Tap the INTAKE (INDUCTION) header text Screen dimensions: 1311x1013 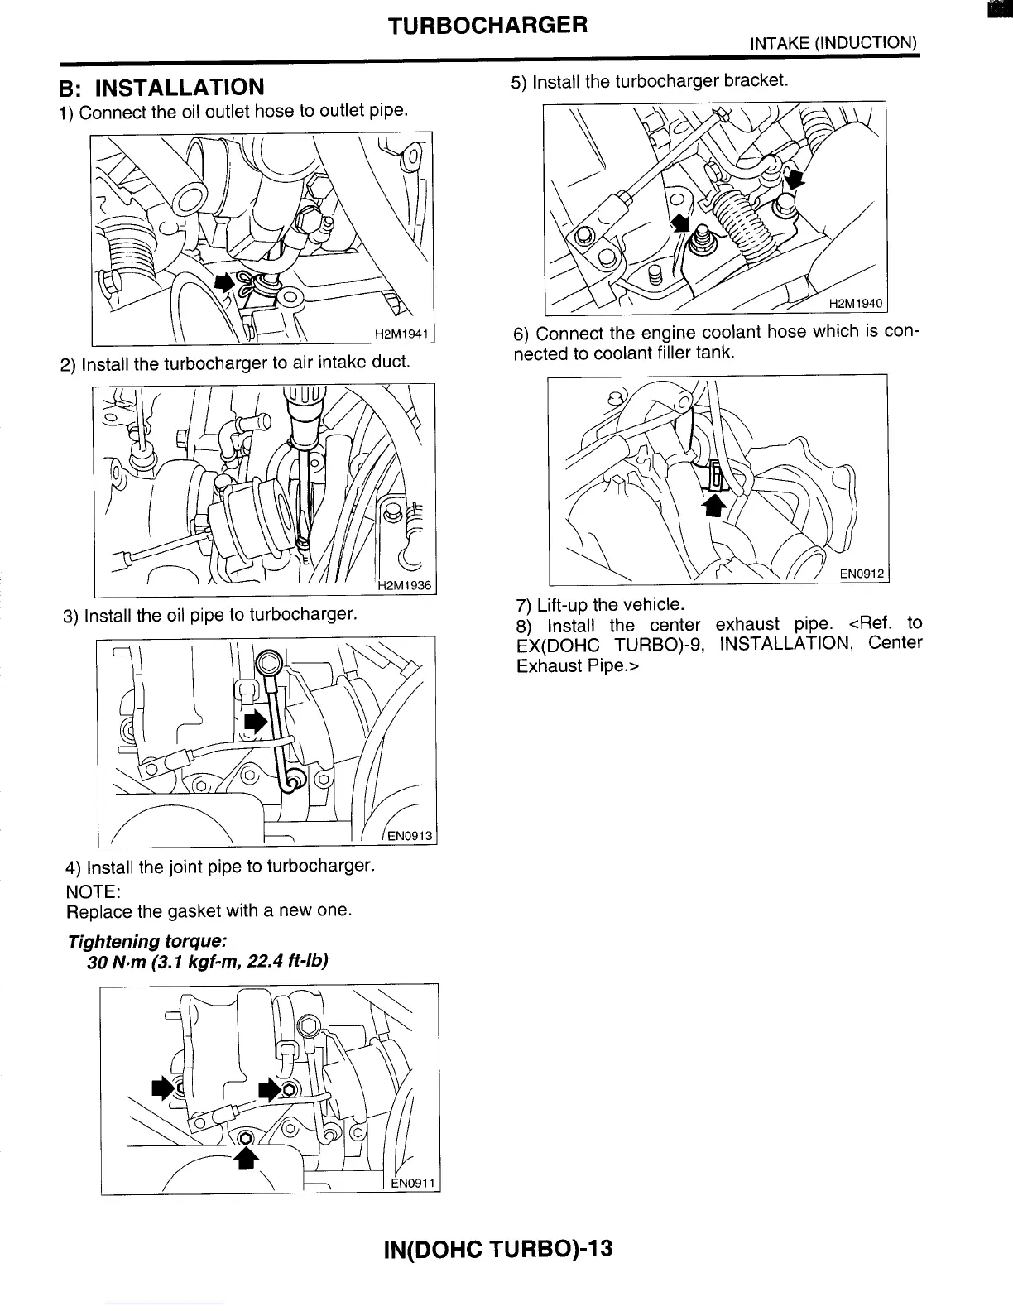pyautogui.click(x=833, y=43)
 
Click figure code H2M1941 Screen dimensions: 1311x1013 pyautogui.click(x=401, y=334)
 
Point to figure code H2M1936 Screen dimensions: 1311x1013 pyautogui.click(x=405, y=586)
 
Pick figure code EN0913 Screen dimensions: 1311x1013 pyautogui.click(x=410, y=835)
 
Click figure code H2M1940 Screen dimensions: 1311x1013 pyautogui.click(x=856, y=304)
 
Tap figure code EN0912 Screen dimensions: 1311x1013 pyautogui.click(x=862, y=573)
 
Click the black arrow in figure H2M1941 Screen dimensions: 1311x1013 pyautogui.click(x=224, y=281)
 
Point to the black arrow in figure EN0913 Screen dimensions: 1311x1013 pyautogui.click(x=257, y=721)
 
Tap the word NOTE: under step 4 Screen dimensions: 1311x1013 pyautogui.click(x=94, y=891)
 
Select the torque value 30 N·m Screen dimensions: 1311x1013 pyautogui.click(x=117, y=963)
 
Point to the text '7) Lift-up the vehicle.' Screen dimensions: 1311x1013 pyautogui.click(x=599, y=605)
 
